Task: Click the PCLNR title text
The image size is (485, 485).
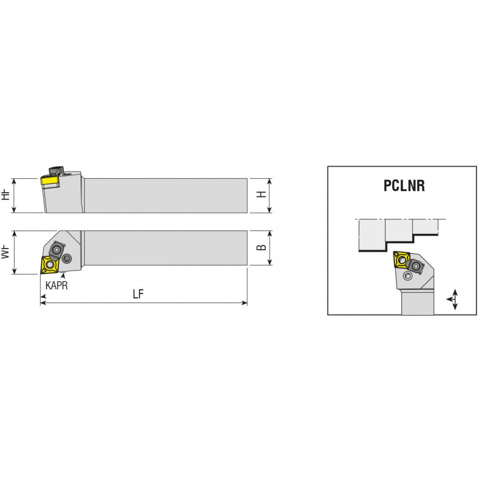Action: tap(404, 186)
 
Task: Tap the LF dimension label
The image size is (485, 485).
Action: tap(138, 294)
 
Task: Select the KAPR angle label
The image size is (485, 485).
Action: tap(56, 285)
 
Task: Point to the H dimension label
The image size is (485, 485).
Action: tap(262, 194)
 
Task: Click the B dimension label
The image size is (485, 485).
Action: tap(262, 247)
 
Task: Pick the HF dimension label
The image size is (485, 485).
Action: tap(5, 195)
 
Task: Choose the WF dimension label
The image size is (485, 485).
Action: tap(5, 252)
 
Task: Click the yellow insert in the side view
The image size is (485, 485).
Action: tap(50, 180)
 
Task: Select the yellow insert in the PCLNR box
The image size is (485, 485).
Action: tap(401, 259)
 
